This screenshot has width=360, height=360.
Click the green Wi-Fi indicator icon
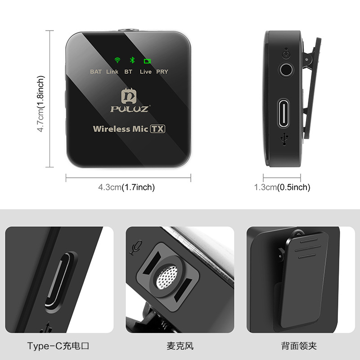(117, 60)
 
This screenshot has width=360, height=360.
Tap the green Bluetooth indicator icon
(132, 60)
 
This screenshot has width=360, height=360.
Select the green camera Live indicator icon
(147, 61)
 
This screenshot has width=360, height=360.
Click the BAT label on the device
(96, 72)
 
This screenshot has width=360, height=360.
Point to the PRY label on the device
(162, 72)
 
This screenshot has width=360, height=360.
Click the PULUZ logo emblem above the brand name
(129, 96)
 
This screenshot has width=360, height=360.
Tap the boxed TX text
(157, 129)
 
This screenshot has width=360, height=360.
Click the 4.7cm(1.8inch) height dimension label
(40, 103)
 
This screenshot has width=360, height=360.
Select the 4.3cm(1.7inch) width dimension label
(126, 187)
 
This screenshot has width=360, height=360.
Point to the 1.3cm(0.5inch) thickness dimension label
(282, 187)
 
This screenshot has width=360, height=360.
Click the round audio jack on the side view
(286, 70)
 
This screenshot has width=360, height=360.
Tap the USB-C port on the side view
(283, 113)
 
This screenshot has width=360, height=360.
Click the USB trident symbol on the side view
(284, 139)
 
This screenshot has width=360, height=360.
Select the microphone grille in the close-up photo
(166, 277)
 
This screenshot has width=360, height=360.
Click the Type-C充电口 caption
(58, 346)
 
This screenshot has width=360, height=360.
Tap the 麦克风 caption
(180, 346)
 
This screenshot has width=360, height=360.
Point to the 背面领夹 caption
(299, 346)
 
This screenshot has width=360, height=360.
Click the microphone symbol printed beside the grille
(136, 247)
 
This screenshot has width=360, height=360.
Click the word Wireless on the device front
(111, 129)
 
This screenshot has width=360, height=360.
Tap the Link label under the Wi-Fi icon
(112, 72)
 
